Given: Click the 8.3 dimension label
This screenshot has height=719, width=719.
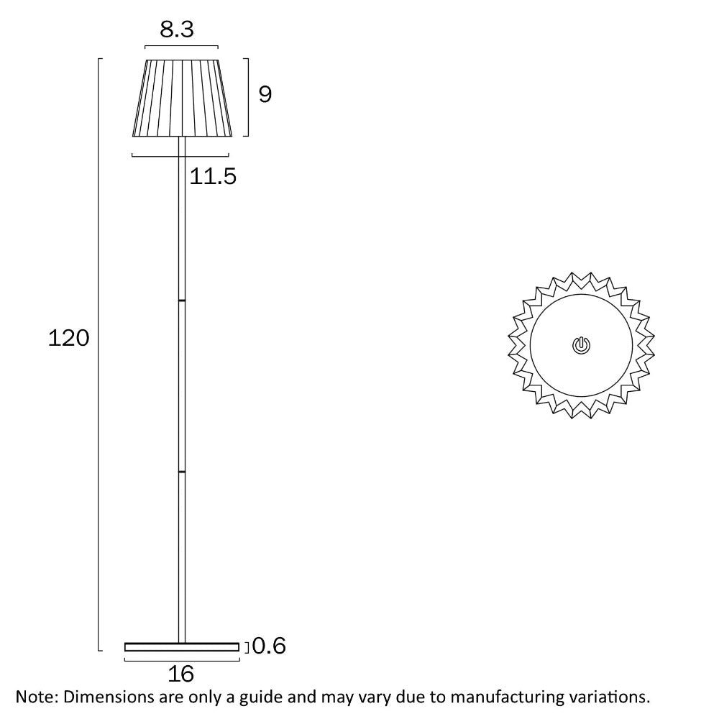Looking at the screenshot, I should point(177,30).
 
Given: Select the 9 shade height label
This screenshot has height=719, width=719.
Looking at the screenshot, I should point(265,94).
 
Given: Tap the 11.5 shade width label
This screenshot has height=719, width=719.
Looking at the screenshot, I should point(213,176).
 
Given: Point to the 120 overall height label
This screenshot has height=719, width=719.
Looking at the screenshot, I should point(69,338).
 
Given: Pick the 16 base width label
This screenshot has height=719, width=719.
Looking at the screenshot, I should point(181,674).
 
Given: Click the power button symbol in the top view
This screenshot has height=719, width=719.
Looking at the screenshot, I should point(582,346).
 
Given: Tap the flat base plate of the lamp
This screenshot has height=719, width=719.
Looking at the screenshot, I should point(181,647).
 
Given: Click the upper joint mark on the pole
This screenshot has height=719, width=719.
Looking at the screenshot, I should point(182,299).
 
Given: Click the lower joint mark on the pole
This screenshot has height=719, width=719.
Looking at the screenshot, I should point(182,472).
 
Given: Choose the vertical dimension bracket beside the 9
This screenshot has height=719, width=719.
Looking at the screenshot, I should point(247,97).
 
